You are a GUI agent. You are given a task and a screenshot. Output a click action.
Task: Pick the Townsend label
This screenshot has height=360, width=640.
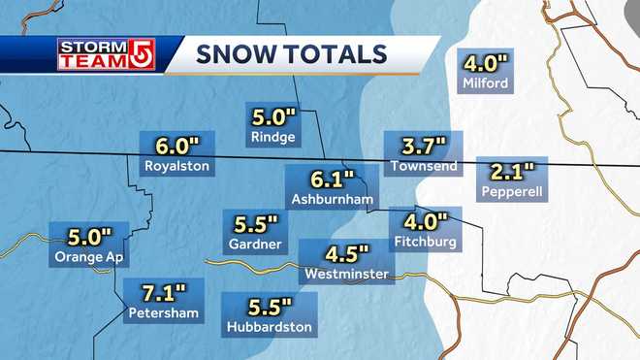[x=419, y=167]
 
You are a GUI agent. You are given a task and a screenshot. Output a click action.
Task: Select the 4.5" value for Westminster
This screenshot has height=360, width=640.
[x=346, y=255]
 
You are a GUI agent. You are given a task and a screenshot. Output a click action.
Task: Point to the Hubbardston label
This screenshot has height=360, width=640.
[x=269, y=327]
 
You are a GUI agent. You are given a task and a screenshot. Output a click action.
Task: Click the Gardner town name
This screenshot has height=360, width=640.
[x=255, y=243]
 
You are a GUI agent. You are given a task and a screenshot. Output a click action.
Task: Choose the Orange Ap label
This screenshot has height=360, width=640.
[x=90, y=257]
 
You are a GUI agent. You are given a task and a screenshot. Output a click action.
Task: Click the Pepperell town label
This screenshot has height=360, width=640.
[x=514, y=192]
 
